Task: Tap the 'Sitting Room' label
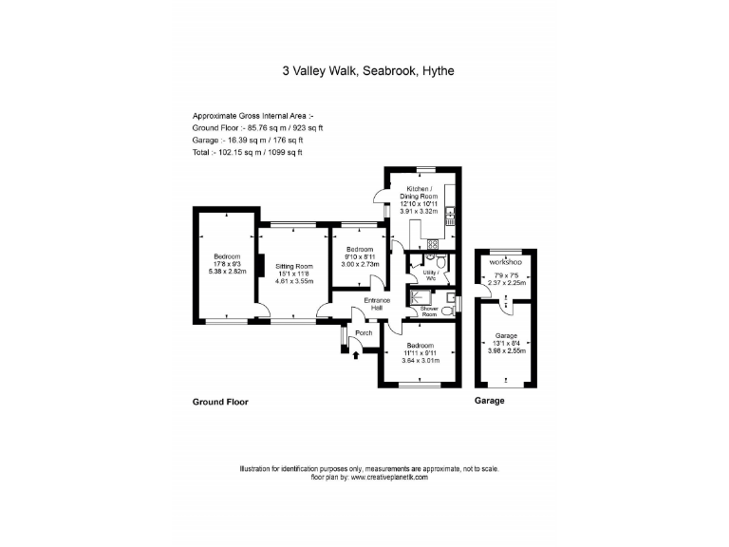[293, 267]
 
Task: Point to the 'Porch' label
[363, 333]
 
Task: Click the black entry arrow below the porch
[356, 355]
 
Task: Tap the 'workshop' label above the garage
[504, 261]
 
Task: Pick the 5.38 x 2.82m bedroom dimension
[226, 271]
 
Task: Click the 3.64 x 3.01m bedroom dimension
[420, 360]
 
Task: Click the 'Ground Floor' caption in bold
[220, 402]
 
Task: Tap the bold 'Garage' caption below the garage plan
[489, 401]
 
